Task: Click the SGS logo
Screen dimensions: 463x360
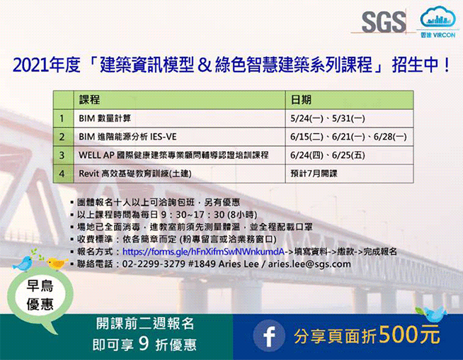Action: (x=384, y=21)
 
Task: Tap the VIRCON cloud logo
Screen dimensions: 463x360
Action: (x=438, y=21)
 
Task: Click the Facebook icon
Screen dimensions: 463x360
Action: (x=269, y=335)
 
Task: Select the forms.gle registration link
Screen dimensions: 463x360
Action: (x=203, y=252)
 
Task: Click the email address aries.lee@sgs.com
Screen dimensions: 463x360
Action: (x=309, y=264)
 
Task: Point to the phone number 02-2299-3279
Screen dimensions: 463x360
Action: (x=154, y=264)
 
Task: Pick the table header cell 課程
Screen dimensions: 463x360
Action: (x=179, y=100)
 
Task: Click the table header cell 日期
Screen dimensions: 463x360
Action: (x=349, y=100)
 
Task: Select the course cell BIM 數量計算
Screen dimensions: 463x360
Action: (x=179, y=118)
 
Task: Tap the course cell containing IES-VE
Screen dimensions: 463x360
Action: (x=179, y=137)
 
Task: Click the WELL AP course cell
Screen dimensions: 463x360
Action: (x=179, y=155)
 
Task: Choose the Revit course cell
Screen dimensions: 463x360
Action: (x=179, y=174)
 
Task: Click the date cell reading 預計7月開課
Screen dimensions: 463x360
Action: (x=349, y=174)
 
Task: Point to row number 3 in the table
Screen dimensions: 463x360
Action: (x=62, y=155)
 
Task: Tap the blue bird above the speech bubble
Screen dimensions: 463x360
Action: (x=23, y=264)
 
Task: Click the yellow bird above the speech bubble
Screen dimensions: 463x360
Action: (x=57, y=263)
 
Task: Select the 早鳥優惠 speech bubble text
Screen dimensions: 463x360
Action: (x=40, y=296)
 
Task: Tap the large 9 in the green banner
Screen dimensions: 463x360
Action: (x=144, y=344)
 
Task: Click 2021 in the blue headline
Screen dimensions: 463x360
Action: (x=30, y=64)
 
